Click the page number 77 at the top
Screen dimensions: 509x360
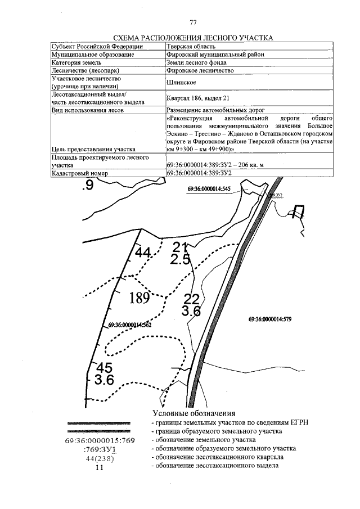pyautogui.click(x=193, y=22)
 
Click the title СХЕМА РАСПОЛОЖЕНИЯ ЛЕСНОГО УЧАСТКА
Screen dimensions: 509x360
pyautogui.click(x=193, y=38)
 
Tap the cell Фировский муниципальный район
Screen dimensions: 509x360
pyautogui.click(x=215, y=55)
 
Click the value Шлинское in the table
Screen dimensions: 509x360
pyautogui.click(x=181, y=83)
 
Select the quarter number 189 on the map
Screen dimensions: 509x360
pyautogui.click(x=138, y=298)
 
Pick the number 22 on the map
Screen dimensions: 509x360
pyautogui.click(x=192, y=299)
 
